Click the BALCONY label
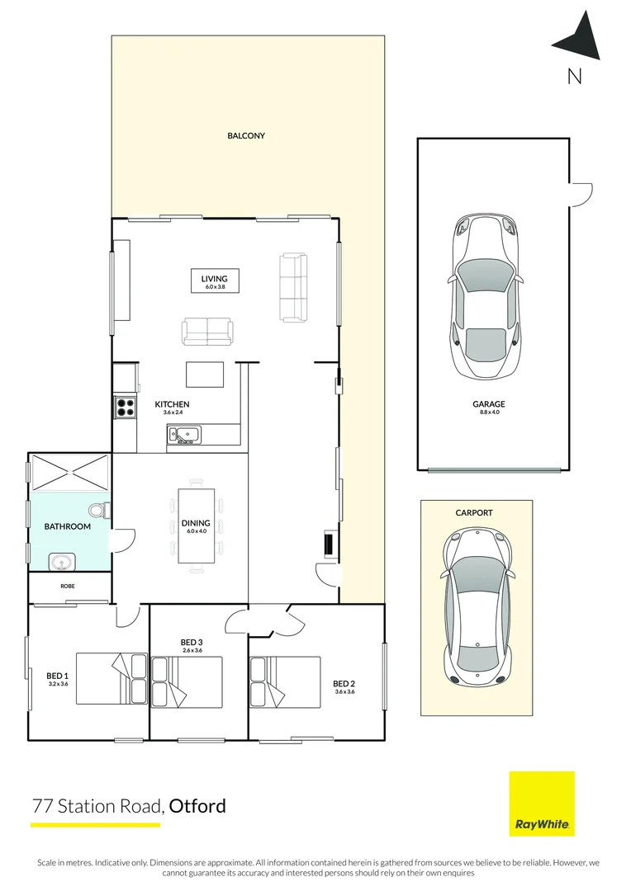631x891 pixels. tap(246, 136)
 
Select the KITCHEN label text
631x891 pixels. tap(172, 404)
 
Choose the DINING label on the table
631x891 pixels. tap(196, 523)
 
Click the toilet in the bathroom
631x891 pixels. tap(99, 511)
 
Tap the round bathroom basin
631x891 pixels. tap(60, 563)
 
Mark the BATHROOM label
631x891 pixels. tap(67, 526)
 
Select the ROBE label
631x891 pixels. tap(67, 586)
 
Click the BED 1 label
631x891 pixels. tap(57, 676)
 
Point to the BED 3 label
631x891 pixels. tap(192, 642)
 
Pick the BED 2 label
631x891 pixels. tap(344, 684)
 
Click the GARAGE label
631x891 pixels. tap(489, 404)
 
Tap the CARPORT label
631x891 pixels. tap(474, 512)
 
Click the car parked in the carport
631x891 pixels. tap(477, 607)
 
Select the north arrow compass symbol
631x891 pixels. tap(578, 35)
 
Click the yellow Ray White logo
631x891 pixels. tap(542, 804)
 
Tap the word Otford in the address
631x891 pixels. tap(197, 806)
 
